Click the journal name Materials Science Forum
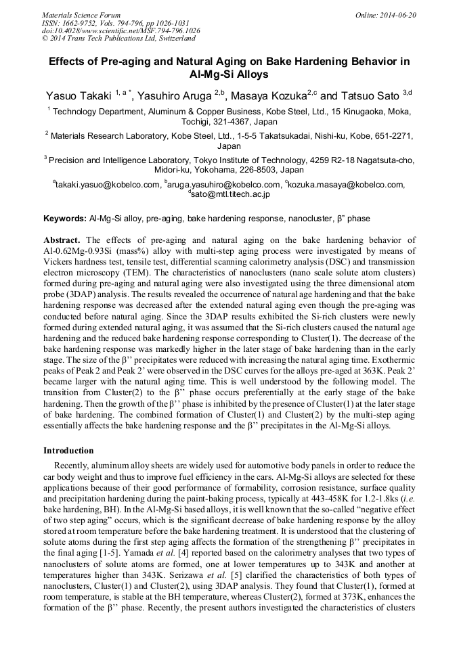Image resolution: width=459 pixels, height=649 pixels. (81, 15)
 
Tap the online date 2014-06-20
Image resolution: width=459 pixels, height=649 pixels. (400, 15)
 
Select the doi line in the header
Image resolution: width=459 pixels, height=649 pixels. (121, 30)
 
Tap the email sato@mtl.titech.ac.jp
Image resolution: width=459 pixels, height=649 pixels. (230, 194)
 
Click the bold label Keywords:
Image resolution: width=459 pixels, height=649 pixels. (65, 219)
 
